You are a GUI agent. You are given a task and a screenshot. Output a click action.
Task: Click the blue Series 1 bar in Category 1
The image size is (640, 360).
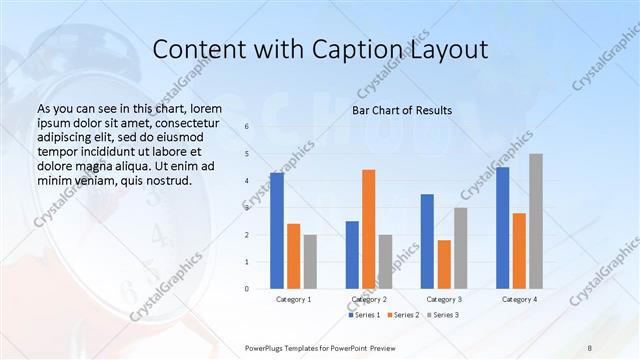tap(277, 231)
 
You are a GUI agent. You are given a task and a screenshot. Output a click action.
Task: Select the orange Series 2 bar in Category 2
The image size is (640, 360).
tap(369, 229)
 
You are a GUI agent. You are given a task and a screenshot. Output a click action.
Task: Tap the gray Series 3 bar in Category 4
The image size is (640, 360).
tap(536, 221)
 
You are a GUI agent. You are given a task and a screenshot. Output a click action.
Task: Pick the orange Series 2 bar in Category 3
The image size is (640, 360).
tap(444, 264)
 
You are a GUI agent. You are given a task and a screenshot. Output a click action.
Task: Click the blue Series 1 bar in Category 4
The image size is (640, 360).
tap(502, 228)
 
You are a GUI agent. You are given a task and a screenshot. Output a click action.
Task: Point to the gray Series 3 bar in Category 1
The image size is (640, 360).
tap(310, 262)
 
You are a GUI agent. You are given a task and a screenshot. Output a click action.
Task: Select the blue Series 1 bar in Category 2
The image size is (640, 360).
tap(352, 255)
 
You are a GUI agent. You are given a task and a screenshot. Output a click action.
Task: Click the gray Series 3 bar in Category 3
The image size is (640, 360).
tap(460, 248)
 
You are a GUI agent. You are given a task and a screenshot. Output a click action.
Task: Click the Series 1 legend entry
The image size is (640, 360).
tap(365, 315)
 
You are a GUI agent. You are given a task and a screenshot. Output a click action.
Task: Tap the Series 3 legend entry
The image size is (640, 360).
tap(445, 315)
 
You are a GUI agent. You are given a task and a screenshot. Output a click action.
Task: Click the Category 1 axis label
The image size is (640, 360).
tap(293, 299)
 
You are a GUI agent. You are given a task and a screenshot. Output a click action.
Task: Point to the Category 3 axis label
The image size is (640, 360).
tap(443, 299)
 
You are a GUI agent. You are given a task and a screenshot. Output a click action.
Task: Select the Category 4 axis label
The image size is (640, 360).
tap(519, 299)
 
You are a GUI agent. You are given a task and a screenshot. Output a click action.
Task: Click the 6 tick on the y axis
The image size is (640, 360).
tap(247, 127)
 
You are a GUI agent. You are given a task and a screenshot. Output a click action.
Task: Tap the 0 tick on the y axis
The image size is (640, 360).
tap(247, 289)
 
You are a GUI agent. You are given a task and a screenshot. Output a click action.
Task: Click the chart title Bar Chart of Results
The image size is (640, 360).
tap(401, 110)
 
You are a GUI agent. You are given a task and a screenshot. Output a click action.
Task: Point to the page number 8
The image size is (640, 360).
tap(590, 346)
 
